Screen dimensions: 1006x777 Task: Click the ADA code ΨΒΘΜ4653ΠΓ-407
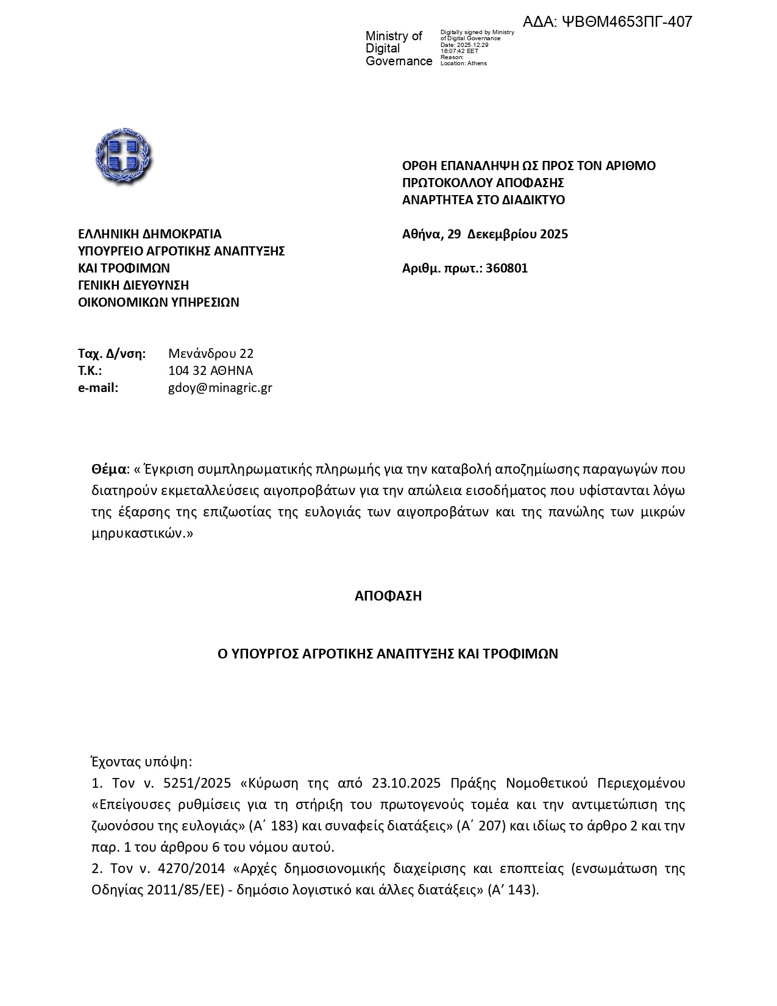[x=608, y=22]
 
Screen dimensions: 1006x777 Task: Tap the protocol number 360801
[x=507, y=268]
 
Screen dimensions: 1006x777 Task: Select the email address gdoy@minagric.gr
[x=220, y=388]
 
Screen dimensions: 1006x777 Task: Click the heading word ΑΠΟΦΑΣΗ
[x=388, y=596]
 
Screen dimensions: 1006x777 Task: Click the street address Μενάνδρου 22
[x=211, y=354]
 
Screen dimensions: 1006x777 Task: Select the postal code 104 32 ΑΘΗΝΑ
[x=210, y=371]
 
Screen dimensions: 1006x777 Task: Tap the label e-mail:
[x=98, y=388]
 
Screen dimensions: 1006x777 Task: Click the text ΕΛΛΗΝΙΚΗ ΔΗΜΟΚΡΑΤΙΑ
[x=150, y=234]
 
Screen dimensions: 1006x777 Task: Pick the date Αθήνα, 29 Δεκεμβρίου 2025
[x=485, y=234]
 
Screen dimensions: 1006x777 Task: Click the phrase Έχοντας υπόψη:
[x=141, y=762]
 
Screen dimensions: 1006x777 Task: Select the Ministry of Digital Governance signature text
[x=399, y=49]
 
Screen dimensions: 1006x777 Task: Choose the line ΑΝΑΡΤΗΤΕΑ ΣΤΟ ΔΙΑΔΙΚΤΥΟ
[x=483, y=200]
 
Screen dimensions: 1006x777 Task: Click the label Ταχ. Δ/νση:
[x=112, y=354]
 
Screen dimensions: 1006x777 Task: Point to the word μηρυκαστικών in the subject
[x=138, y=533]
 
